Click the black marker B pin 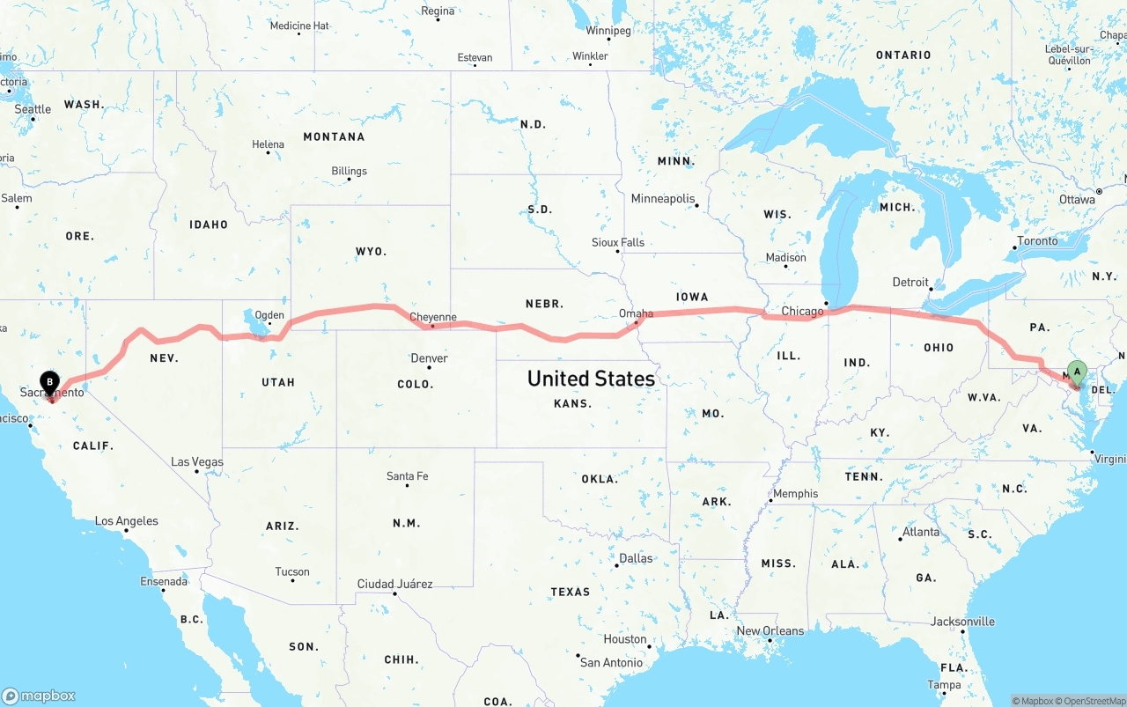[x=50, y=384]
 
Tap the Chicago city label [x=802, y=311]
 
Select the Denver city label [x=429, y=358]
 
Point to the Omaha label [x=636, y=313]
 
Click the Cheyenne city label [x=433, y=317]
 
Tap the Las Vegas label [x=197, y=461]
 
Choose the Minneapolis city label [x=662, y=199]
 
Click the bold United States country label [x=591, y=379]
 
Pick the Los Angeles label [x=127, y=520]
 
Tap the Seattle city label [x=33, y=109]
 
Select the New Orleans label [x=770, y=630]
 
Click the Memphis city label [x=795, y=493]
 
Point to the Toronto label [x=1037, y=240]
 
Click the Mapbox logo [x=39, y=696]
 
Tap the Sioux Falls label [x=617, y=242]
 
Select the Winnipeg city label [x=608, y=31]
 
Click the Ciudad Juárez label [x=394, y=584]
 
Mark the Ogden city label [x=269, y=314]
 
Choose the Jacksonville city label [x=962, y=622]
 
